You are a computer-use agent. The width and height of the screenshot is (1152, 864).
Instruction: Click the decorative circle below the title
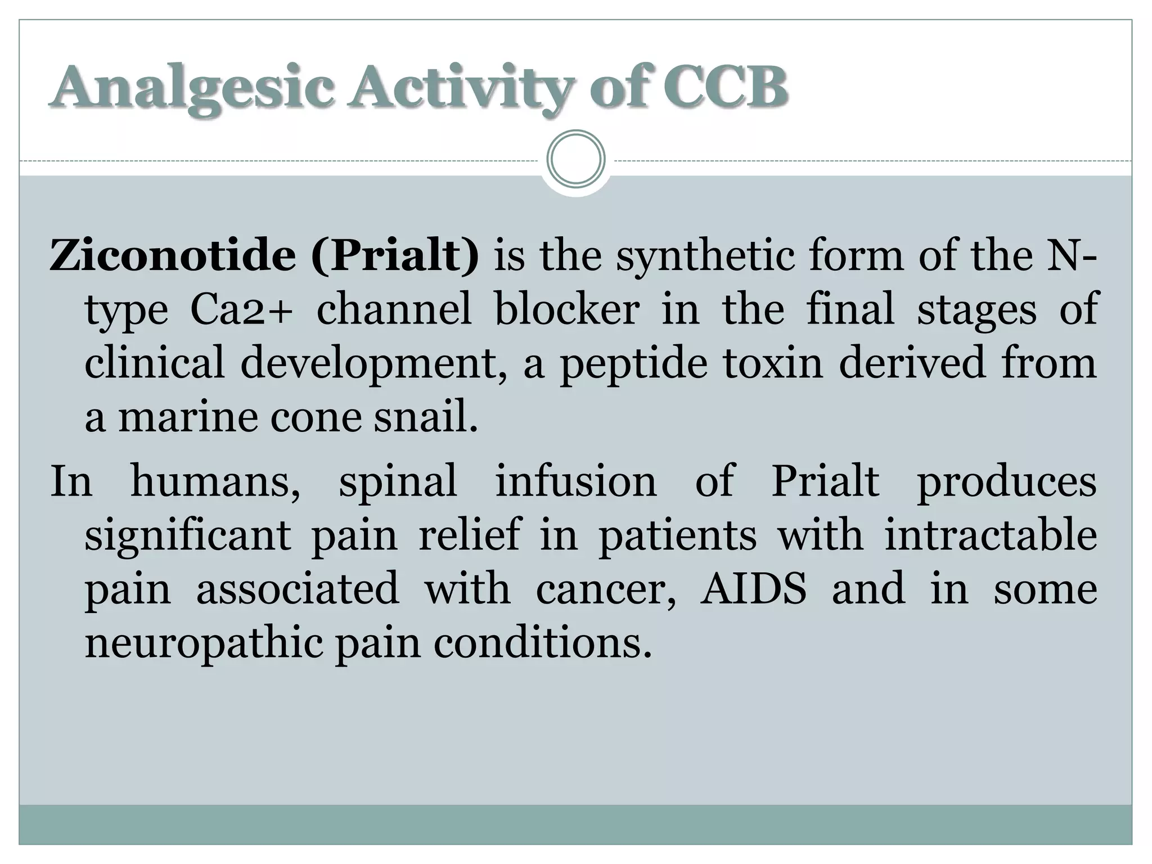575,159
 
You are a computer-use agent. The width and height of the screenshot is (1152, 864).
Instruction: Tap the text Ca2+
242,309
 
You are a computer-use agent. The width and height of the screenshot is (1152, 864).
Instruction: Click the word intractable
991,534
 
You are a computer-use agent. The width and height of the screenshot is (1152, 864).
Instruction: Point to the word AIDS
753,588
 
